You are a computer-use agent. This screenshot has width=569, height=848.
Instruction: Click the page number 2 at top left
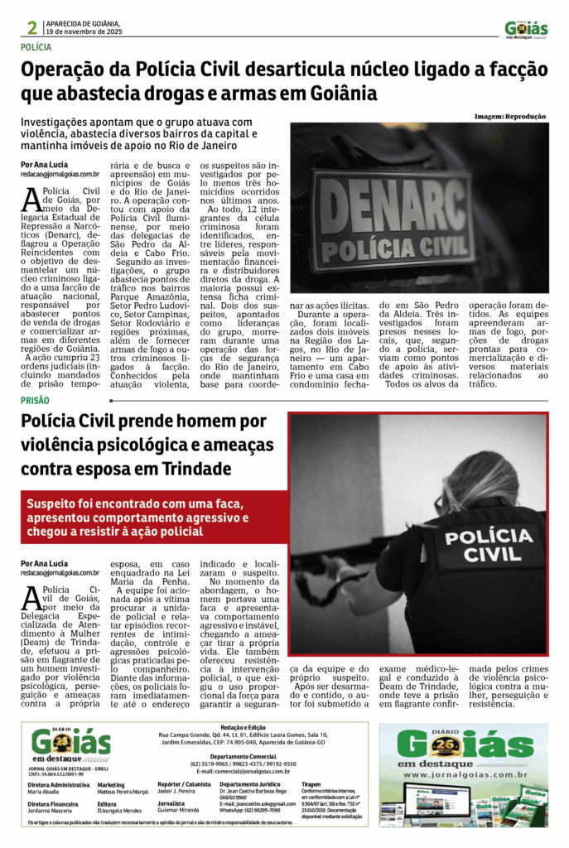click(32, 27)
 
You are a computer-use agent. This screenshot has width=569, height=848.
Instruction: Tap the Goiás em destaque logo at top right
click(526, 30)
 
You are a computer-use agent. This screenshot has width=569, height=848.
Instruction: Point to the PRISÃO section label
click(35, 400)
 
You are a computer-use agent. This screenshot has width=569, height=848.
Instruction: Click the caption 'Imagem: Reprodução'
click(510, 117)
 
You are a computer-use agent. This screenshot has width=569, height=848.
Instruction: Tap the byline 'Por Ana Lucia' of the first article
click(44, 165)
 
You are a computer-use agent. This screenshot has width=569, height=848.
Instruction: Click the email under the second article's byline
click(60, 573)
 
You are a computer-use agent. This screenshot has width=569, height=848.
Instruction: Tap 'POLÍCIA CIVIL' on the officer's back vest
click(488, 545)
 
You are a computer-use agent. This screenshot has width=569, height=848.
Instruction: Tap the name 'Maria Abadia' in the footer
click(44, 792)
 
